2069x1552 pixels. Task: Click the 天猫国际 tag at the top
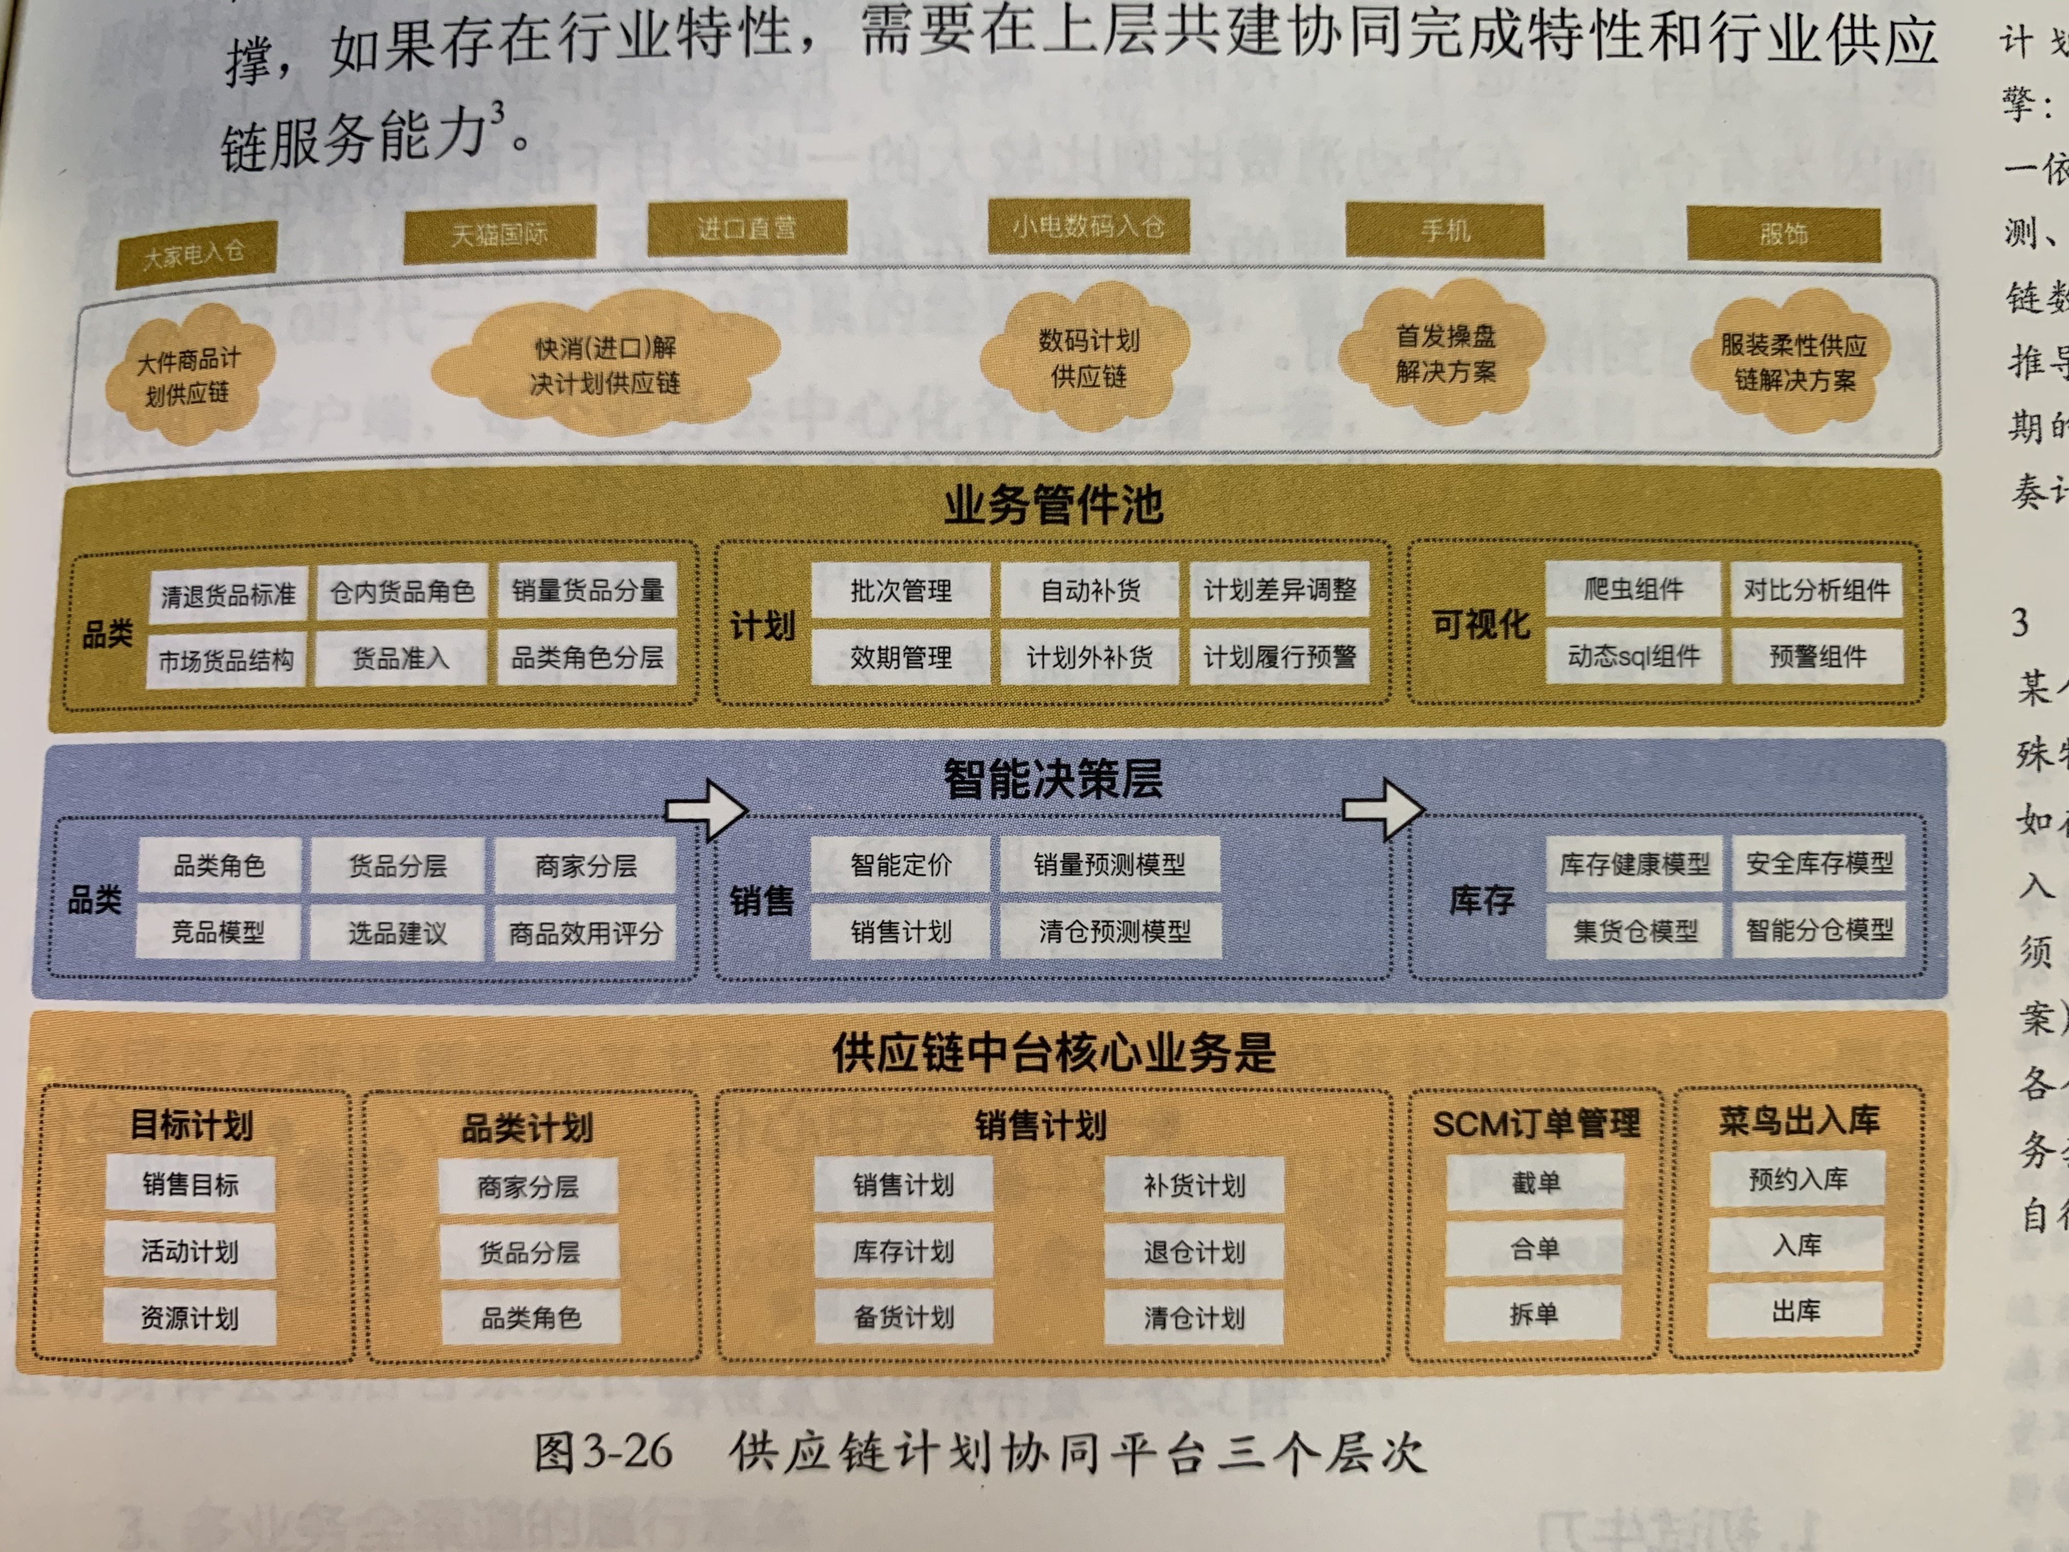[x=499, y=233]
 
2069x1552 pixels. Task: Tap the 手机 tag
[x=1445, y=230]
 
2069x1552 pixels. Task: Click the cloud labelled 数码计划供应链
[x=1088, y=358]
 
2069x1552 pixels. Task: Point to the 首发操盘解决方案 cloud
[x=1445, y=354]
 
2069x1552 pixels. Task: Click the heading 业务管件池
[x=1053, y=505]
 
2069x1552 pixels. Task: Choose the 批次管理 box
[x=900, y=590]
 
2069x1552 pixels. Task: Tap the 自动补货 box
[x=1090, y=590]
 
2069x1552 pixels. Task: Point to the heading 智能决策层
[x=1053, y=779]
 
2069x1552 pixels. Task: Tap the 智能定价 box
[x=900, y=864]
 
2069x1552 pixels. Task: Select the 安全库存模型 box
[x=1818, y=863]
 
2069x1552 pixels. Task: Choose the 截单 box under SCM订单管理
[x=1535, y=1182]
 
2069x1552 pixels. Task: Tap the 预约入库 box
[x=1797, y=1180]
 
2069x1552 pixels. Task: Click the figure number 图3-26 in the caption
[x=603, y=1453]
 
